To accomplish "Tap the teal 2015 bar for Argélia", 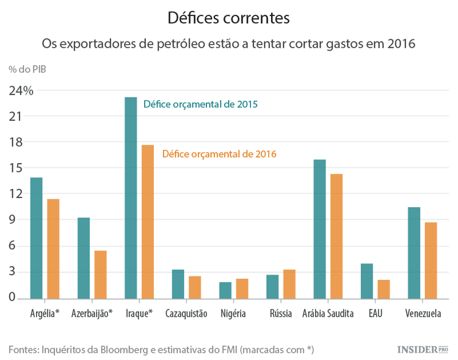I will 36,238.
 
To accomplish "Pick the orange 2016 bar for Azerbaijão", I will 101,275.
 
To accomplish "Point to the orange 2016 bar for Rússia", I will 289,284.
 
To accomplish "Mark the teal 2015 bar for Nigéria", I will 225,290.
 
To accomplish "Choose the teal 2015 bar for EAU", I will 366,281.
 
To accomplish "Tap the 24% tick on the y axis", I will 20,90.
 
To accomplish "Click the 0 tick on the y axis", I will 12,298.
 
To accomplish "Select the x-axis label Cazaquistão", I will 187,314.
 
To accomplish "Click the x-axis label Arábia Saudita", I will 327,314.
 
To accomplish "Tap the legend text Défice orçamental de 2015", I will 200,104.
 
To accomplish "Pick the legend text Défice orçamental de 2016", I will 219,154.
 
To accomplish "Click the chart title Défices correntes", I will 228,18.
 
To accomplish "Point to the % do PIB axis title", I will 27,68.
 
